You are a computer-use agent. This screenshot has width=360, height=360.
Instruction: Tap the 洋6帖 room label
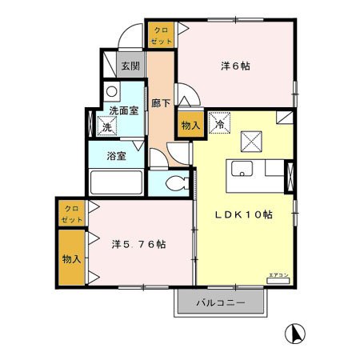click(235, 66)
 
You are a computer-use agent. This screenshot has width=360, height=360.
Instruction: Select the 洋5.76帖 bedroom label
click(139, 244)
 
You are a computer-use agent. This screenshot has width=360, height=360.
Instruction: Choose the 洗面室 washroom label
click(124, 110)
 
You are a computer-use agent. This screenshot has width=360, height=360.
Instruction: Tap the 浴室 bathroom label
click(116, 156)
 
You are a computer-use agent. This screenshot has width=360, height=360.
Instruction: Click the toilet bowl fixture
click(177, 182)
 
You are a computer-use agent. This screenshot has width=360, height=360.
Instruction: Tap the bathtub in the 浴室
click(116, 182)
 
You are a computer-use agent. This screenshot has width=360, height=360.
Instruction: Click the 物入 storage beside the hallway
click(190, 126)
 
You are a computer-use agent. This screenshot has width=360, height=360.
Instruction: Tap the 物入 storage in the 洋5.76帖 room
click(71, 258)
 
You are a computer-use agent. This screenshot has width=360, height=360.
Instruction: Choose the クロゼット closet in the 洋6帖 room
click(160, 34)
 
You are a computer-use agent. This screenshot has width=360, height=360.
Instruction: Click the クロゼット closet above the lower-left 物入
click(71, 213)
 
